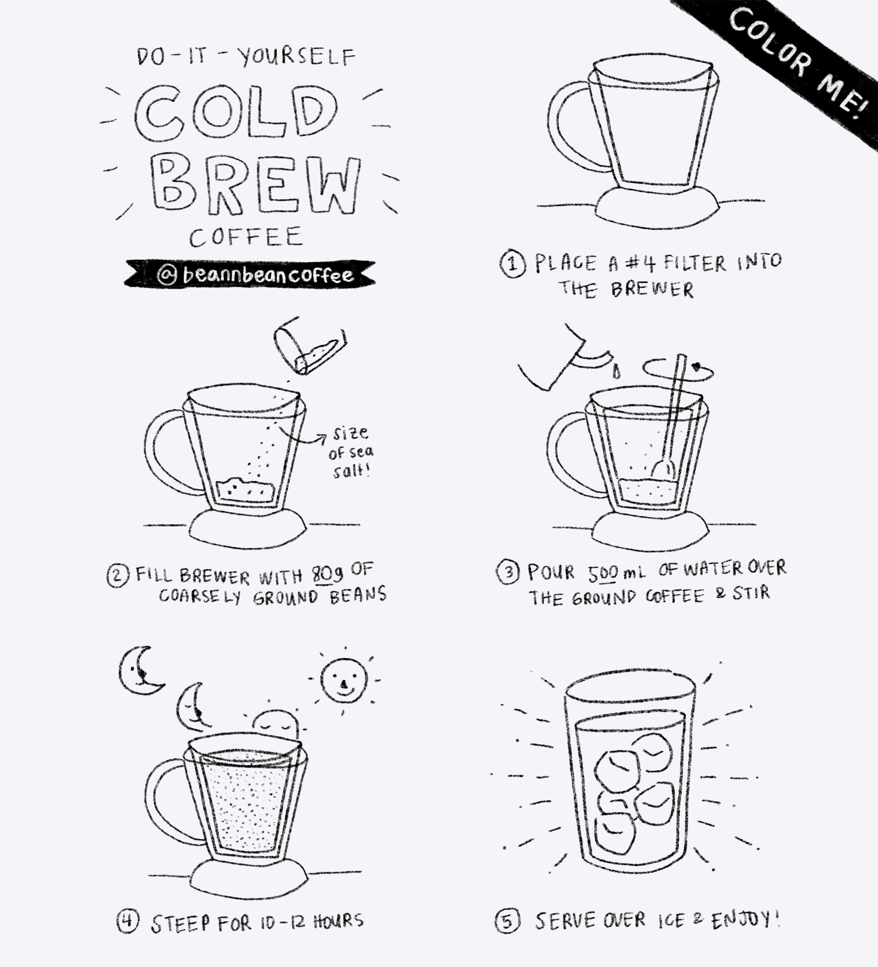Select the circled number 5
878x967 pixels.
(x=507, y=921)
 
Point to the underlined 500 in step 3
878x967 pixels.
(x=603, y=572)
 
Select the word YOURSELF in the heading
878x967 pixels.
(x=297, y=57)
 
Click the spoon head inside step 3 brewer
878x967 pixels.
(x=662, y=467)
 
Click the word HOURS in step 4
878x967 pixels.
(x=338, y=921)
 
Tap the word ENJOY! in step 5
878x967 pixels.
(x=744, y=920)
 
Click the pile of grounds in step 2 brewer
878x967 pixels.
(x=245, y=489)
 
